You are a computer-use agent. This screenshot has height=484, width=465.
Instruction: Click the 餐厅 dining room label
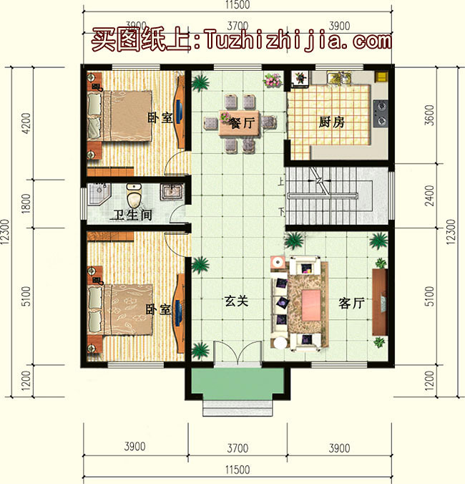point(241,122)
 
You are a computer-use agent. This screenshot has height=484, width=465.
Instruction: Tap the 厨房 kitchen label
point(331,122)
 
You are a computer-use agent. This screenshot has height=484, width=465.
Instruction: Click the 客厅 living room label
point(351,303)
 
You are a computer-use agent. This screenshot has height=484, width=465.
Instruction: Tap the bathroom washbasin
point(172,191)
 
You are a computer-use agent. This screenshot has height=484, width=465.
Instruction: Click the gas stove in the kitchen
point(380,107)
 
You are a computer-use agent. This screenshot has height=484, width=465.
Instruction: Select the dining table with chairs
point(238,122)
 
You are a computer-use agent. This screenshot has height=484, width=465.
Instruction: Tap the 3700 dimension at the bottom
point(238,448)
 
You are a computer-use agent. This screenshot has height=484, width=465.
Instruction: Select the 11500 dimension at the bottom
point(238,470)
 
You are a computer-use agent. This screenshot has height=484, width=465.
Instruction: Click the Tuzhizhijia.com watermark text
point(298,40)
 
